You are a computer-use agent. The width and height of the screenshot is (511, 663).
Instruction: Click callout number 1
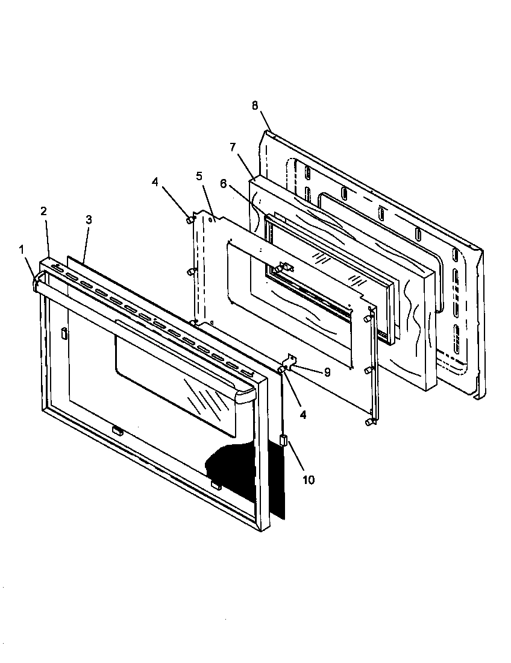[x=22, y=249]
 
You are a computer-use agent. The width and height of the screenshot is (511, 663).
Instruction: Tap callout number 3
[x=89, y=220]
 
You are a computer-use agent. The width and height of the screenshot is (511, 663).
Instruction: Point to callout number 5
[x=199, y=176]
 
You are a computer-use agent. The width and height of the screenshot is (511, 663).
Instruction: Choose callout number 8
[x=255, y=105]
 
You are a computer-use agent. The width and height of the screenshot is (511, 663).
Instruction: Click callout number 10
[x=308, y=480]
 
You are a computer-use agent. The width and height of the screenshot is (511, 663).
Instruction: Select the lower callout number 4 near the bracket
[x=303, y=415]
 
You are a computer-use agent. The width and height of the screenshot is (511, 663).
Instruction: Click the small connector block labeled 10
[x=284, y=441]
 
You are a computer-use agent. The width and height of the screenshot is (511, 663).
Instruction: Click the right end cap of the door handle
[x=246, y=396]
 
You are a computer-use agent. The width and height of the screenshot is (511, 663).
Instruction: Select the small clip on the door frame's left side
[x=63, y=333]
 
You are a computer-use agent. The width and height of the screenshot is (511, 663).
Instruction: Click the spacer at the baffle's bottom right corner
[x=369, y=423]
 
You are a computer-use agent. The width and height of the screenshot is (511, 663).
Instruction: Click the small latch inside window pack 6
[x=284, y=267]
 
